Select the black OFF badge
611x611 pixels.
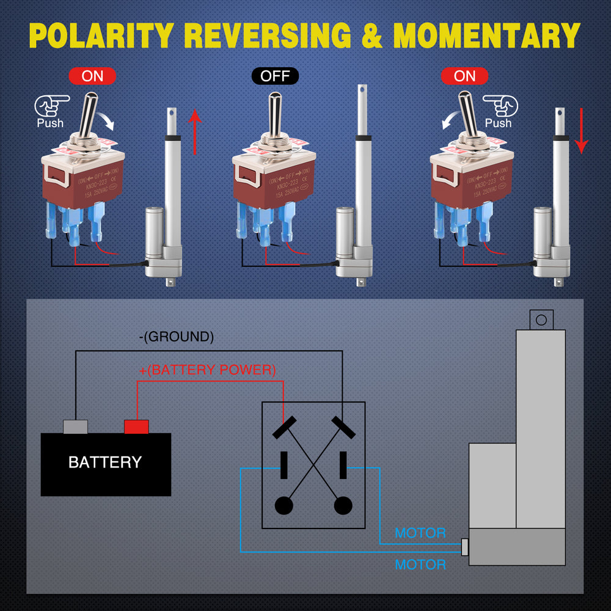pyautogui.click(x=275, y=76)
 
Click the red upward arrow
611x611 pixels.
pyautogui.click(x=194, y=131)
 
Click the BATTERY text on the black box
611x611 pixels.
pyautogui.click(x=105, y=463)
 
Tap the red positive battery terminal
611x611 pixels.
pyautogui.click(x=136, y=426)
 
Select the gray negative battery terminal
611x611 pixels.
pyautogui.click(x=76, y=426)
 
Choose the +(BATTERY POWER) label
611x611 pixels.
pyautogui.click(x=208, y=370)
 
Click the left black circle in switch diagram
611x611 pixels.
pyautogui.click(x=284, y=505)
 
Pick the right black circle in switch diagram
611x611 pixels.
pyautogui.click(x=343, y=505)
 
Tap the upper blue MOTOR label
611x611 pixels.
pyautogui.click(x=420, y=533)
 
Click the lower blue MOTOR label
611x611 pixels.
pyautogui.click(x=420, y=564)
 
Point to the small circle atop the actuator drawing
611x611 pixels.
pyautogui.click(x=540, y=320)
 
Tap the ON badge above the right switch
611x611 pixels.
pyautogui.click(x=464, y=76)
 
